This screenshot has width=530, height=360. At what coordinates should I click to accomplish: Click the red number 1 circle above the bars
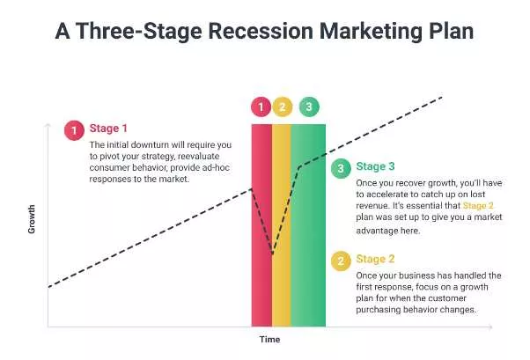coord(261,107)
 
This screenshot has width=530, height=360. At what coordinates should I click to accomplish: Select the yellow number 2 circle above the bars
coord(282,107)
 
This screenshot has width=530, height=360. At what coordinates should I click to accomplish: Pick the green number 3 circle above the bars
coord(309,107)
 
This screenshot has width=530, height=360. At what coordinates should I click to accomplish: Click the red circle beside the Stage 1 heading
coord(74,130)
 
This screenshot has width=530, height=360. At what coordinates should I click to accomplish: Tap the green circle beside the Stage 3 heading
coord(340,167)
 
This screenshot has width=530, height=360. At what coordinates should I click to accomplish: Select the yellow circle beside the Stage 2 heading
coord(340,261)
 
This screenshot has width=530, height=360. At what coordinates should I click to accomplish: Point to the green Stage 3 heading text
coord(375,166)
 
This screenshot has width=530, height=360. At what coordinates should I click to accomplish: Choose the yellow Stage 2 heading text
coord(375,261)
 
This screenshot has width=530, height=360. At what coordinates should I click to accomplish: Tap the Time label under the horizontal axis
coord(269,339)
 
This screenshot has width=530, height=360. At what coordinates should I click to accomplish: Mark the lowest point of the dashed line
coord(273,255)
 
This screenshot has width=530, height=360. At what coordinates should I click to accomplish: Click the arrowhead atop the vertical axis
coord(47,127)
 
